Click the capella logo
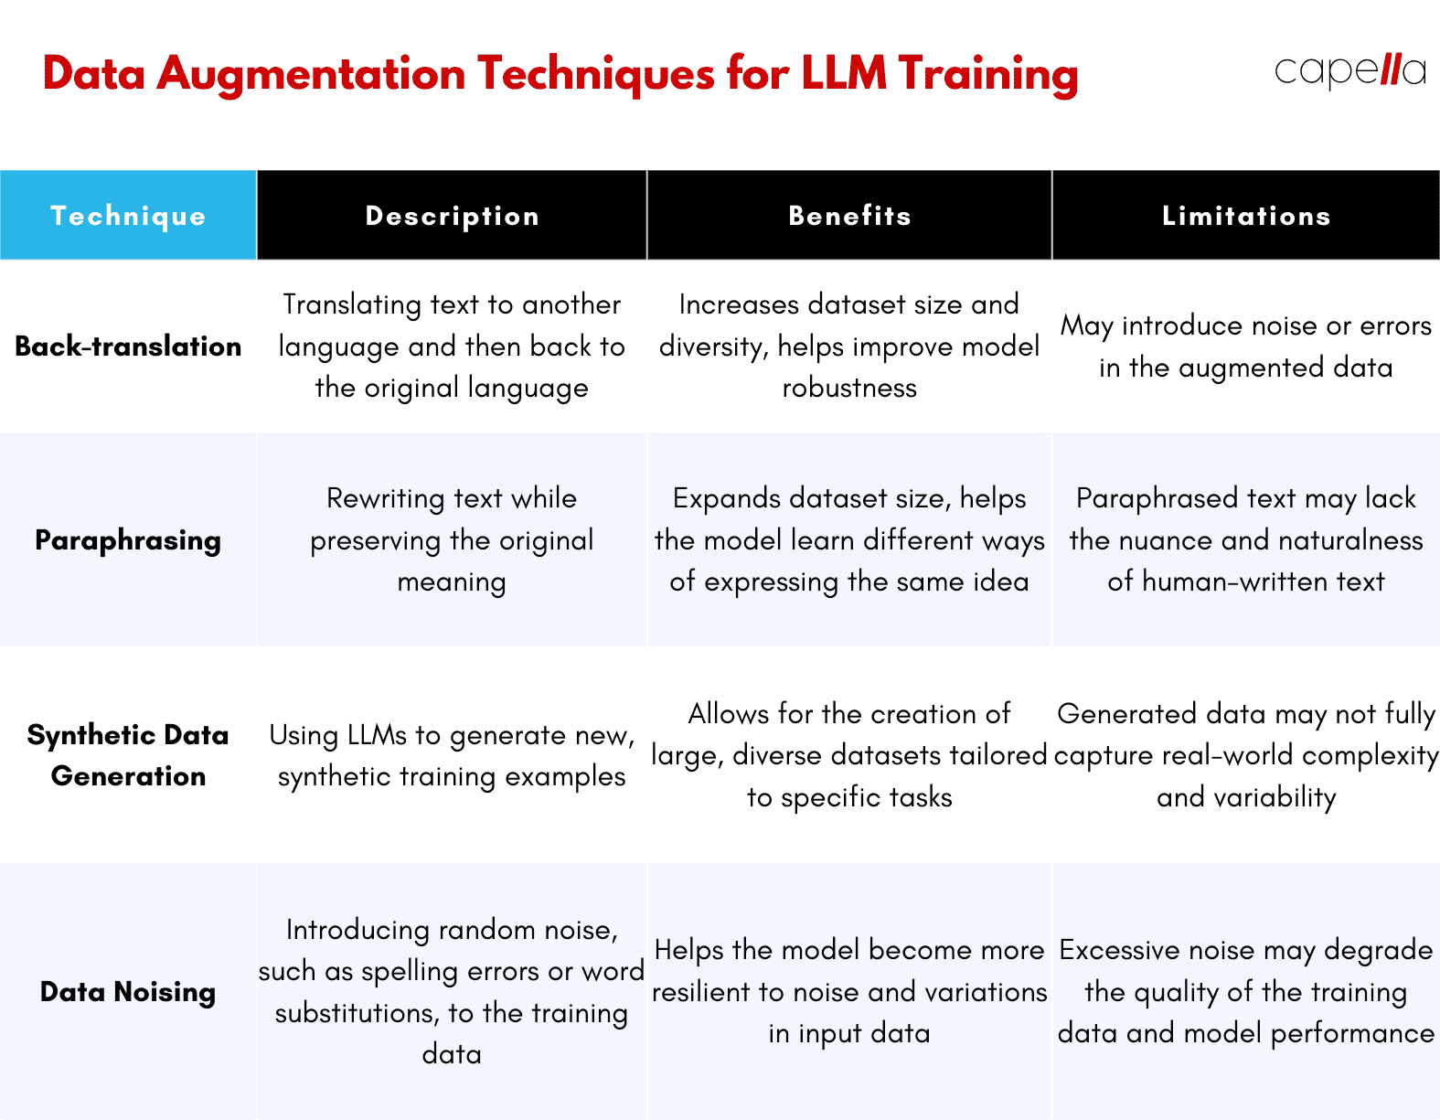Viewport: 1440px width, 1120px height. click(1349, 71)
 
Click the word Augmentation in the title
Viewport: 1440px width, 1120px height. click(312, 75)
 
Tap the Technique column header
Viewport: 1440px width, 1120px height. click(128, 216)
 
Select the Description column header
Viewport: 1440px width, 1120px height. click(452, 216)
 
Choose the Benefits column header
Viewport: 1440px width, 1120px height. click(849, 216)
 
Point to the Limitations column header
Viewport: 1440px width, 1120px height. click(1246, 216)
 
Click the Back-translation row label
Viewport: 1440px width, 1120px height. click(128, 346)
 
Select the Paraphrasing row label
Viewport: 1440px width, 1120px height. click(128, 540)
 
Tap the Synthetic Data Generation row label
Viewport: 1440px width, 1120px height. click(128, 755)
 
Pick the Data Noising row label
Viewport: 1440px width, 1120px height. click(128, 992)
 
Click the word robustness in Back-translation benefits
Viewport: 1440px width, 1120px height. click(849, 388)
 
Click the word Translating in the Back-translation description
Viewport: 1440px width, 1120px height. click(352, 305)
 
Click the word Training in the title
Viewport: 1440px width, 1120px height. click(988, 75)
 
